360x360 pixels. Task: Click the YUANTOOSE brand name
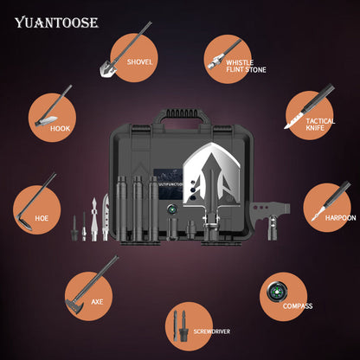[x=56, y=22]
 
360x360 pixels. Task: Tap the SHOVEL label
[x=139, y=61]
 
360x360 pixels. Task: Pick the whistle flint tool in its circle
[x=214, y=61]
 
